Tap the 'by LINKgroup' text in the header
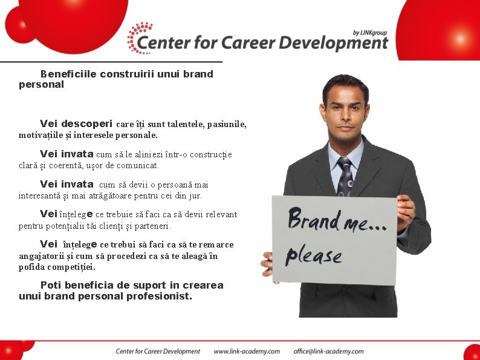tap(370, 32)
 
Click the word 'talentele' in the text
tap(183, 124)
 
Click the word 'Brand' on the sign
tap(313, 219)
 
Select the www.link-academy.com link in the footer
tap(247, 351)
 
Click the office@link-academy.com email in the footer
tap(328, 351)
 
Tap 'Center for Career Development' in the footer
tap(158, 351)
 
